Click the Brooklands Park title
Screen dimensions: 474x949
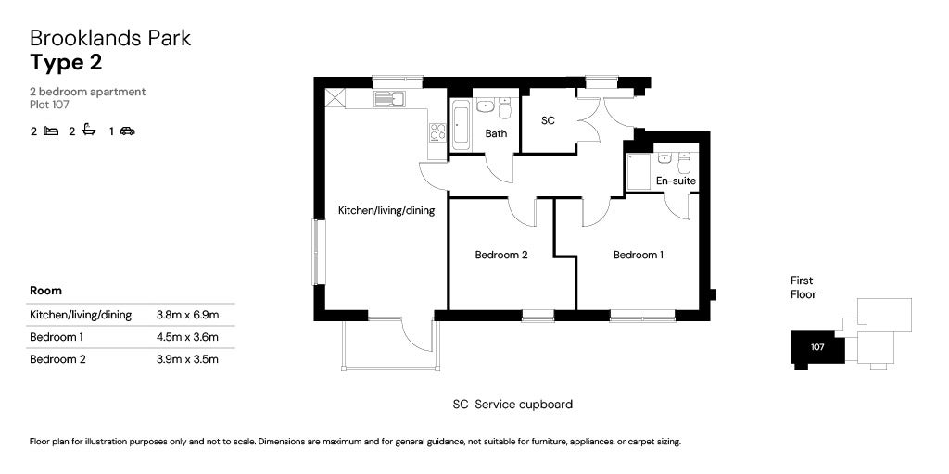[110, 38]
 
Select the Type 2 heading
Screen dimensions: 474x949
[66, 63]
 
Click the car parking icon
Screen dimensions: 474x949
[127, 131]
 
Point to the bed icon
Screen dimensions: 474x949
[51, 131]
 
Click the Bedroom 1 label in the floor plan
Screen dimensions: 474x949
[639, 255]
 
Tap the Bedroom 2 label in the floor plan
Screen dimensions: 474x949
[500, 255]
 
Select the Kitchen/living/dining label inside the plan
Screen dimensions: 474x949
[386, 211]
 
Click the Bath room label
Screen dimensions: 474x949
[496, 133]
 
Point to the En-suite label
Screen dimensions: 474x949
[676, 181]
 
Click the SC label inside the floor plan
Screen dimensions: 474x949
[548, 121]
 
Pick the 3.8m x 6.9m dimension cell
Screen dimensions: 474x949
[187, 315]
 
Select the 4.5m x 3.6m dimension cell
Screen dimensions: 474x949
[187, 337]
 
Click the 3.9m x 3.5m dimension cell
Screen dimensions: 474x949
[187, 359]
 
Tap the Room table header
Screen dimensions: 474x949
[45, 291]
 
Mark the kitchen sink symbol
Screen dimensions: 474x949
[391, 97]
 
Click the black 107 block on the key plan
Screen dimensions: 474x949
[816, 347]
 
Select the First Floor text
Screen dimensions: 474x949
[803, 287]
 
